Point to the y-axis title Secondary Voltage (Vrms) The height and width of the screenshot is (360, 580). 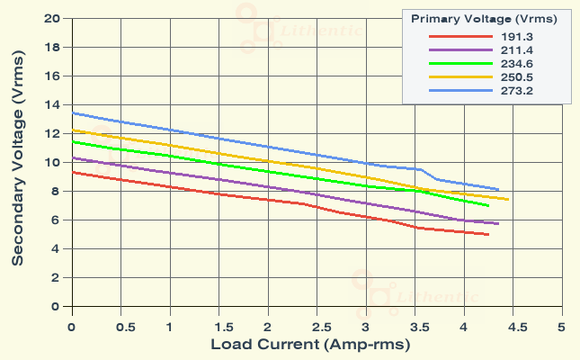(17, 163)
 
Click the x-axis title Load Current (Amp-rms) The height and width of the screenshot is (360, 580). (310, 345)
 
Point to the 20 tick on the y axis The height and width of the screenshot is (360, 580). (52, 18)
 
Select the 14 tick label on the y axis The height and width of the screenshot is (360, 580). (52, 104)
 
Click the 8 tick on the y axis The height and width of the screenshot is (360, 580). (56, 191)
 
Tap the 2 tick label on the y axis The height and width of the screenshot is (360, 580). (56, 277)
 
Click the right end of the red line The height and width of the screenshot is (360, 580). (488, 235)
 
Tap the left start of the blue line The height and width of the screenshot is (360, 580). (72, 112)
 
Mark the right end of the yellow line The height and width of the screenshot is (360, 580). (508, 200)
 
